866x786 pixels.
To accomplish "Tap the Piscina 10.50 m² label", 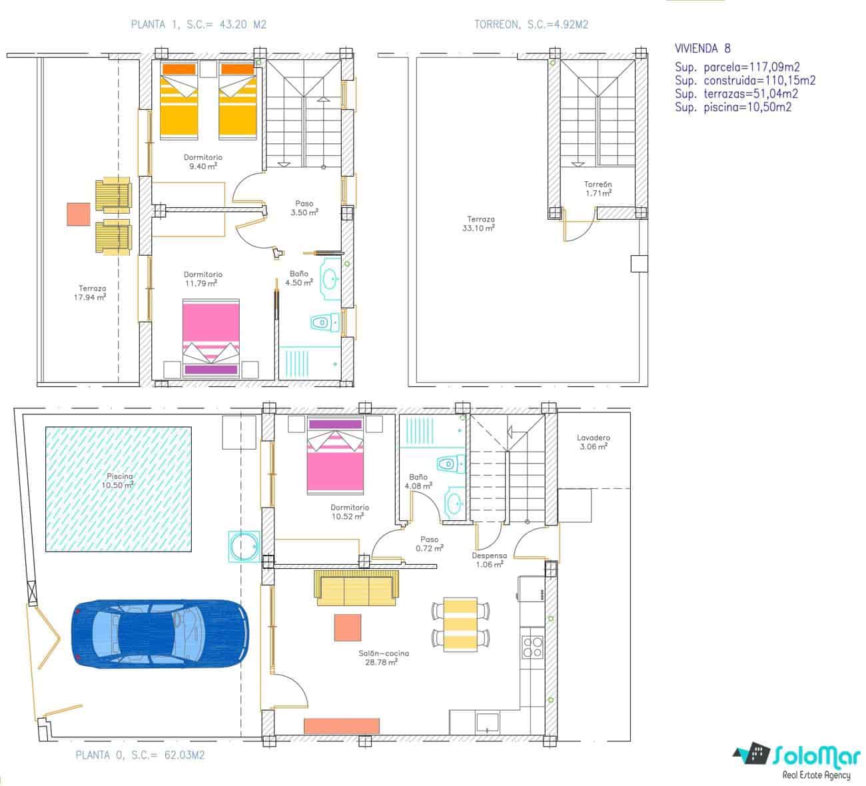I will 119,481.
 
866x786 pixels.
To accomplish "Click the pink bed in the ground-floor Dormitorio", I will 336,462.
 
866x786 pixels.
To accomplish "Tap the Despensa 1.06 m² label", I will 489,560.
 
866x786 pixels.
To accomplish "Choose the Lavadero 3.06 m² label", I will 593,442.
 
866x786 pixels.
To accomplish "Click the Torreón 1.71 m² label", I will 598,189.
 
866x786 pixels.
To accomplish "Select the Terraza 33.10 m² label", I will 480,223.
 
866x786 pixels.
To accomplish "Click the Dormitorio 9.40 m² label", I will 203,162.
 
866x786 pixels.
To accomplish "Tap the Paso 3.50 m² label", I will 304,208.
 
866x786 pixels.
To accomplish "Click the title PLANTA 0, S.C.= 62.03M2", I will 140,755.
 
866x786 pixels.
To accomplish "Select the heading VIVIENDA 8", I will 702,48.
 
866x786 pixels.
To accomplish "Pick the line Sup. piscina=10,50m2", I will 733,107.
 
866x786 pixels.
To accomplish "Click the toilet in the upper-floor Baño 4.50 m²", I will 322,323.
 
